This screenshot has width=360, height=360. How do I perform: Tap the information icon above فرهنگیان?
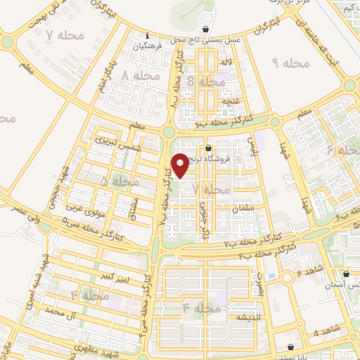coord(146,36)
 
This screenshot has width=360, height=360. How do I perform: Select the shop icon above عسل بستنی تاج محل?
coord(205,30)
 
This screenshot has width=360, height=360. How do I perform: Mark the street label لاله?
coord(226,64)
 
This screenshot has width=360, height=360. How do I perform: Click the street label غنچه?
coord(231,101)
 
